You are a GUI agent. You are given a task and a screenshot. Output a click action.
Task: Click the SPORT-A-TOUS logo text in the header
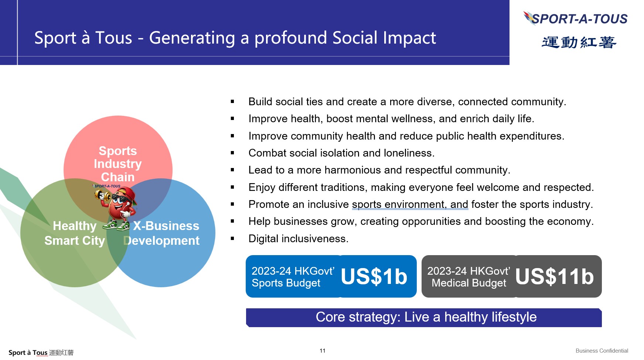580,19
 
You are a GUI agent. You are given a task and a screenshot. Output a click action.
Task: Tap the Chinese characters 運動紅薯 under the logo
579,42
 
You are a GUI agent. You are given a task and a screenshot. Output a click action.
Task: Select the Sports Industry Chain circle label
118,164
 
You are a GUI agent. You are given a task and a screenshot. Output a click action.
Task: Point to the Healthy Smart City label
75,233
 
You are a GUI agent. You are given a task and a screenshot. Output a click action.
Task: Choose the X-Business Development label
162,233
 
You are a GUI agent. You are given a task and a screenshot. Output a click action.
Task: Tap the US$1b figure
374,276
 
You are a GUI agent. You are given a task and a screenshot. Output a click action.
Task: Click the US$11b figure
554,276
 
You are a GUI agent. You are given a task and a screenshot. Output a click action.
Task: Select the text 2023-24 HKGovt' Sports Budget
293,277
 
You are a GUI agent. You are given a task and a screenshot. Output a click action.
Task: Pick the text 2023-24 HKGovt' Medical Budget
469,277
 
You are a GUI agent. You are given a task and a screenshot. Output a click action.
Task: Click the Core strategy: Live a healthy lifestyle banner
424,318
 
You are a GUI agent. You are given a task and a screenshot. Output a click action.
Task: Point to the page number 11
323,351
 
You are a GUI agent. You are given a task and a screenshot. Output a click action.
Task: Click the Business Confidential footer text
602,351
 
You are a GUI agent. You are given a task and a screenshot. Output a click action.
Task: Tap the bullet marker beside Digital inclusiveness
232,239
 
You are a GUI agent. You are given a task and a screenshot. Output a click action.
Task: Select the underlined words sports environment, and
410,204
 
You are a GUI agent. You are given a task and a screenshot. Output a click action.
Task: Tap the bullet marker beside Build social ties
232,102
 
